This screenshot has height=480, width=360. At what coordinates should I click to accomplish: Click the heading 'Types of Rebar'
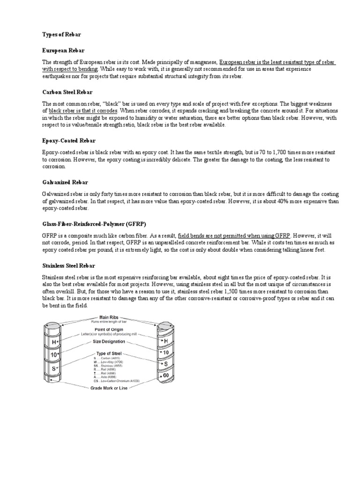point(61,35)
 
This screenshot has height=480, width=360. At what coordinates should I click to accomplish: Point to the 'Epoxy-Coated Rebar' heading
point(69,140)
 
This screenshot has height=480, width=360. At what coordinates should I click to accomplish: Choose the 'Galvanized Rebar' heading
point(65,182)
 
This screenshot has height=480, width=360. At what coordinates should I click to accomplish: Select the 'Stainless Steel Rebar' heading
point(69,265)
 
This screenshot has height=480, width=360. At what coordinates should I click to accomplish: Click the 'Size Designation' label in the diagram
point(110,341)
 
